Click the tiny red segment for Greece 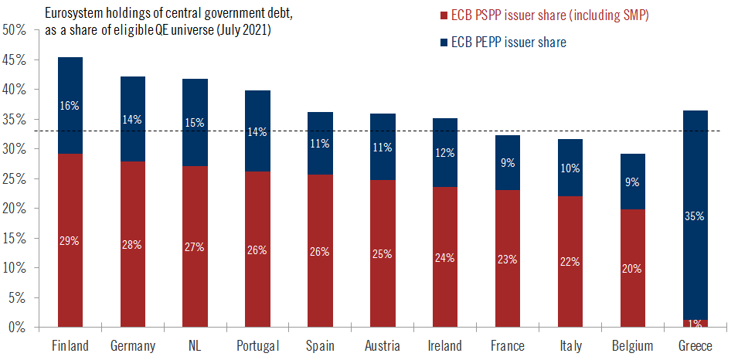(x=694, y=323)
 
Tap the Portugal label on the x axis (x=257, y=345)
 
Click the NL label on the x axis (x=194, y=345)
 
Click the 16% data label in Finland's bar (x=70, y=106)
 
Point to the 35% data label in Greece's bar (x=694, y=216)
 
